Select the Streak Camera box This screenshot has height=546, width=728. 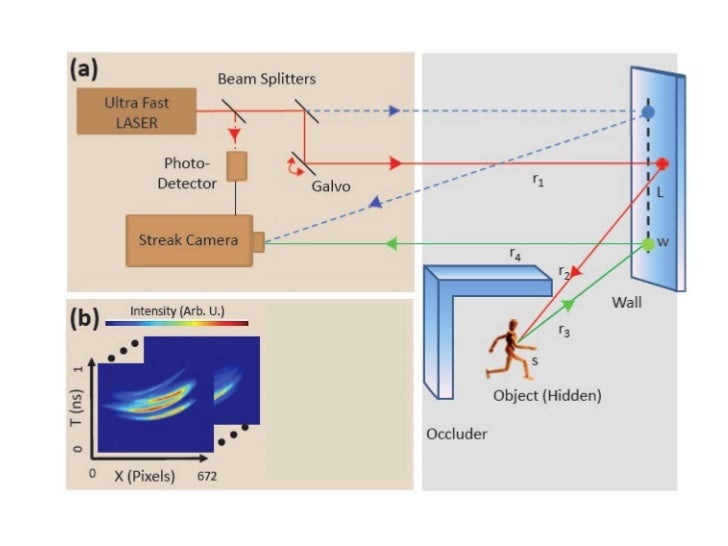point(189,241)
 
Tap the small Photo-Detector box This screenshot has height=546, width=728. point(237,166)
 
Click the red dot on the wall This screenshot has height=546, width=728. point(661,163)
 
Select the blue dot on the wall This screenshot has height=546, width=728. point(648,113)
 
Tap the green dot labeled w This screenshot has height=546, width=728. point(648,243)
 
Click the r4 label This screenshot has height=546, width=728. point(514,255)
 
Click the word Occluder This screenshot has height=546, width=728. point(451,434)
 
